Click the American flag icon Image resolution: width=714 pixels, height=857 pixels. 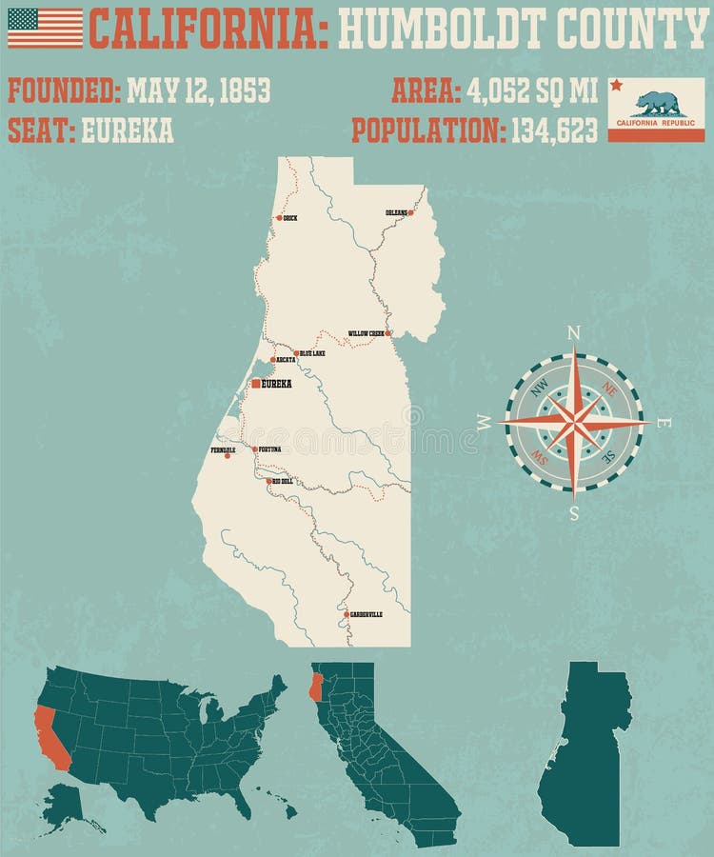coord(45,28)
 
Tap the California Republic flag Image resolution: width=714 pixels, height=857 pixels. coord(656,109)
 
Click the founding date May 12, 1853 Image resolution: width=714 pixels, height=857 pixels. coord(198,90)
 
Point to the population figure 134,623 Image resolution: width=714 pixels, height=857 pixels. coord(554,129)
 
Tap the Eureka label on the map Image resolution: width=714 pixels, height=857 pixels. coord(276,384)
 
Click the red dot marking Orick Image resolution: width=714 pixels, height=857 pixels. coord(279,218)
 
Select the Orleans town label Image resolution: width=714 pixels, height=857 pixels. coord(396,212)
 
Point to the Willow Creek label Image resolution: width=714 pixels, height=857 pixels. coord(366,333)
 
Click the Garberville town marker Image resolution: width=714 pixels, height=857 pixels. coord(346,614)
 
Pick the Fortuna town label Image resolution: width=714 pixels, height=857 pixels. coord(268,448)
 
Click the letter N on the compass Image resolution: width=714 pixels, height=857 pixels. coord(574,332)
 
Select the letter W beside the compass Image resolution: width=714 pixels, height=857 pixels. coord(486,424)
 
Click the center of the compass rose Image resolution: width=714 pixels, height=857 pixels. coord(574,422)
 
